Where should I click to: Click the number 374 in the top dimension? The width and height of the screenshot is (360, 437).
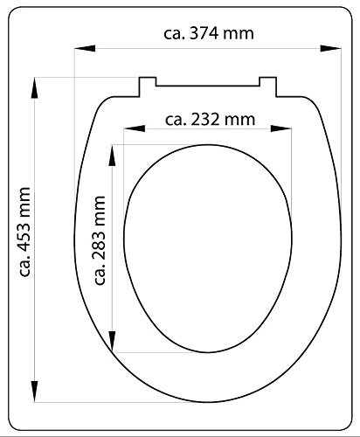pyautogui.click(x=204, y=33)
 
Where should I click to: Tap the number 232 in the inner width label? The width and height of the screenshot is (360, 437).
pyautogui.click(x=205, y=120)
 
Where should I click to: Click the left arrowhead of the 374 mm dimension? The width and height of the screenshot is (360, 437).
pyautogui.click(x=85, y=48)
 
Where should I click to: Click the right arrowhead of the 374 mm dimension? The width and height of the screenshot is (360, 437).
pyautogui.click(x=331, y=48)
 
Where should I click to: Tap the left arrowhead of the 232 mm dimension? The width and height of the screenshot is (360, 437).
pyautogui.click(x=135, y=128)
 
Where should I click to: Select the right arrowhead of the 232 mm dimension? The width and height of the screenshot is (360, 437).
pyautogui.click(x=281, y=128)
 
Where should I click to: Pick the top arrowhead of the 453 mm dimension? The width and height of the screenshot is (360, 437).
pyautogui.click(x=35, y=88)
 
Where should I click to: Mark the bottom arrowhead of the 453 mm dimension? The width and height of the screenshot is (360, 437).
pyautogui.click(x=35, y=392)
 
